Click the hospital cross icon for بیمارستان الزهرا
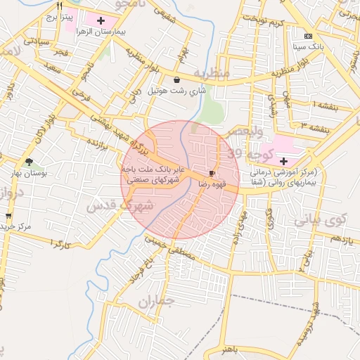(x=101, y=20)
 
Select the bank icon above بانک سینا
(x=308, y=35)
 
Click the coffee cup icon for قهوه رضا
(x=212, y=172)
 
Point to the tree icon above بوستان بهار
(x=29, y=162)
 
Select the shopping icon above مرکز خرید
(x=8, y=216)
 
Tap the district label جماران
(x=155, y=303)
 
